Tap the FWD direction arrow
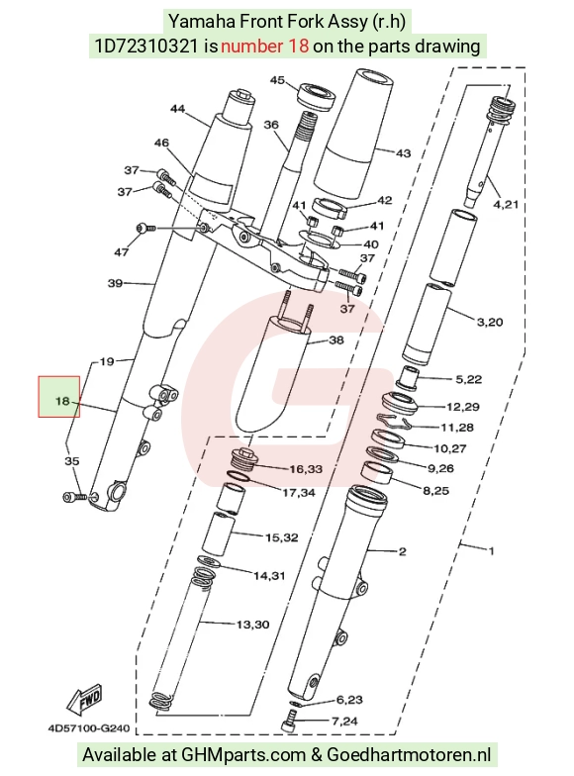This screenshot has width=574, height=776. (x=86, y=701)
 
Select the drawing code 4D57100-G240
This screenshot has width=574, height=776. (x=89, y=728)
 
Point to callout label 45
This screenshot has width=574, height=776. (x=277, y=80)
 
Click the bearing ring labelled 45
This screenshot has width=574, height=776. (x=317, y=95)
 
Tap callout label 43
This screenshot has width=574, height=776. (x=404, y=153)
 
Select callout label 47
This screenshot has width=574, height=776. (x=122, y=252)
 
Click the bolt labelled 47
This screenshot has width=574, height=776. (x=145, y=228)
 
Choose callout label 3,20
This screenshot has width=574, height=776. (x=490, y=323)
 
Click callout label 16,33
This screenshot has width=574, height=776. (x=306, y=469)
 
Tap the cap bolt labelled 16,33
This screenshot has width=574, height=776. (x=243, y=459)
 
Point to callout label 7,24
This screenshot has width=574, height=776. (x=344, y=721)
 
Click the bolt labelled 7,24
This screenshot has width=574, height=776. (x=289, y=721)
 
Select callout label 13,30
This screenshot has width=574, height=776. (x=253, y=625)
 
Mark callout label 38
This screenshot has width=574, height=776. (x=336, y=340)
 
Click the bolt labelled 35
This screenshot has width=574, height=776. (x=75, y=497)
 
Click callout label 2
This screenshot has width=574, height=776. (x=402, y=551)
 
